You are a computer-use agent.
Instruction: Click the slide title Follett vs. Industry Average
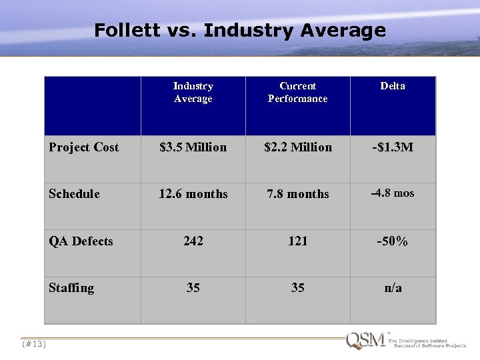pos(240,31)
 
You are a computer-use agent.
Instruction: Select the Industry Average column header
pos(193,93)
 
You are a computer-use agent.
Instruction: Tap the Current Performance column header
pos(297,93)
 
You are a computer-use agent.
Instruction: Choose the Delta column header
pos(393,86)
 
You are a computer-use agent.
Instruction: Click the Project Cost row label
pos(84,147)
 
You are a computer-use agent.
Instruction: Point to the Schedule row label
pos(74,194)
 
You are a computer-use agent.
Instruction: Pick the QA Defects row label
pos(81,241)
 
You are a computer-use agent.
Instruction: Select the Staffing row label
pos(71,288)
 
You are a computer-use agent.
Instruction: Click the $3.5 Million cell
pos(193,147)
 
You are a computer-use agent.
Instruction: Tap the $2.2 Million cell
pos(297,147)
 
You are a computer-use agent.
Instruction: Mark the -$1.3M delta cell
pos(393,147)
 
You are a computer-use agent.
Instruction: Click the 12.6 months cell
pos(193,194)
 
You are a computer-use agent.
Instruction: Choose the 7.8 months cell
pos(297,194)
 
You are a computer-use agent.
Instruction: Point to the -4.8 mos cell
pos(393,193)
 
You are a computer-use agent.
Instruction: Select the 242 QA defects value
pos(193,241)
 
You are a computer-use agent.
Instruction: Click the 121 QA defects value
pos(297,241)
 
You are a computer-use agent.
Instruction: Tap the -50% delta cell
pos(393,241)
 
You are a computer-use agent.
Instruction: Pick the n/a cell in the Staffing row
pos(393,288)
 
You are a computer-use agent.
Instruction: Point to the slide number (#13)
pos(33,344)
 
